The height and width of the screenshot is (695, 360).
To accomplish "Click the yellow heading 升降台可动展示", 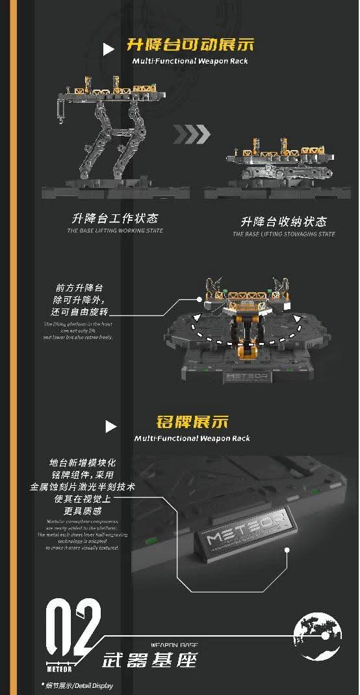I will coord(190,45).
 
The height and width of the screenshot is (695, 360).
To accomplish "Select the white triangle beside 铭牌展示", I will coord(111,426).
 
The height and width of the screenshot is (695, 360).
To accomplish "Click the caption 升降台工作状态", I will coord(115,218).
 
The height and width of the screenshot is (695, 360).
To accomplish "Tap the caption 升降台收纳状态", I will coord(284,221).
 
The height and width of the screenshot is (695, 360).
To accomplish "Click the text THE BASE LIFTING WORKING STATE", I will coord(115,231).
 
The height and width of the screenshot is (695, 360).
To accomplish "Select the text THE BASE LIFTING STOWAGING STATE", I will coord(284,234).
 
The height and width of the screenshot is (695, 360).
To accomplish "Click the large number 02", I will coord(73,627).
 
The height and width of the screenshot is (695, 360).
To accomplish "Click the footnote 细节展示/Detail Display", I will coord(78,685).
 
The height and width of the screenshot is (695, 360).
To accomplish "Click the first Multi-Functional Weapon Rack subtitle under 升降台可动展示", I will coord(190,61).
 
